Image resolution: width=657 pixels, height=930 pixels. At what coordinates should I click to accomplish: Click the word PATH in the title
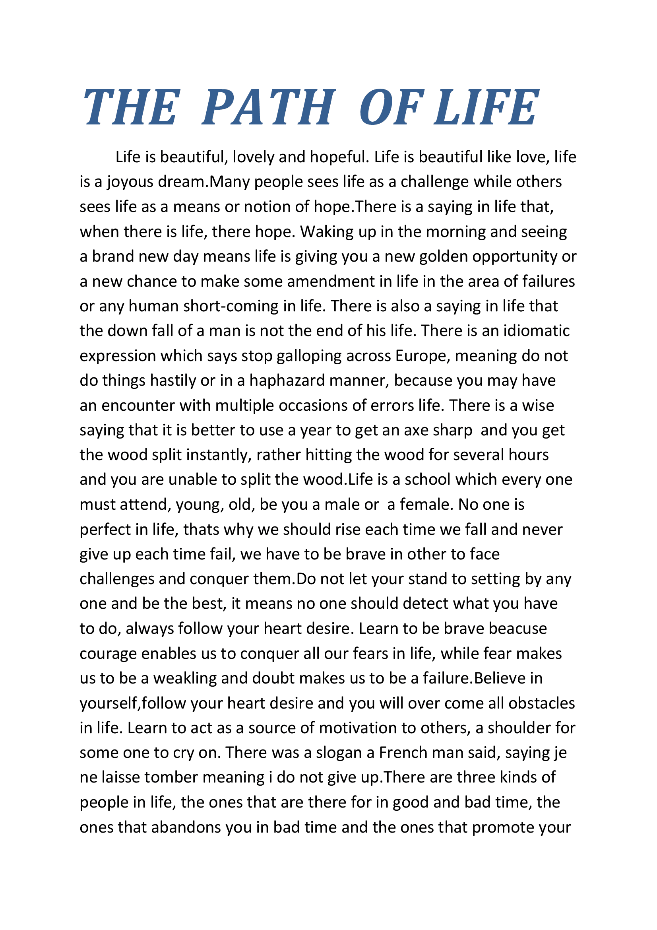pos(268,107)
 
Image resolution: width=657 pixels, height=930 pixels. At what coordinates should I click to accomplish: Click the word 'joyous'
pos(130,182)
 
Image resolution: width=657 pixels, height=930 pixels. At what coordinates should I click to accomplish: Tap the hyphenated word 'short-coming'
pos(203,306)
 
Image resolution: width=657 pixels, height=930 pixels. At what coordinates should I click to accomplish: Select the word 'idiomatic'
pos(536,331)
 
